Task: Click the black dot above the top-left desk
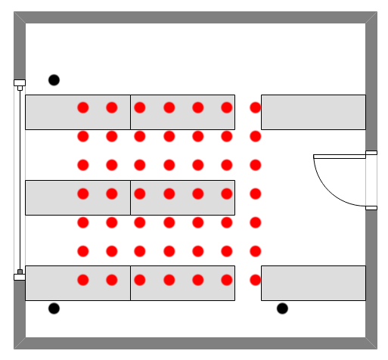tap(54, 80)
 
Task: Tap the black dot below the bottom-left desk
tap(54, 309)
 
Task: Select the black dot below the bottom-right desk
tap(282, 309)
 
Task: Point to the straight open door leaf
tap(340, 156)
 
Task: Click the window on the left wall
tap(20, 180)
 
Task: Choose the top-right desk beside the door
tap(313, 112)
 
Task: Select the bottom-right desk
tap(313, 283)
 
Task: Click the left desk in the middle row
tap(78, 197)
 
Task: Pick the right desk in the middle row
tap(182, 197)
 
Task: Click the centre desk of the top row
tap(182, 112)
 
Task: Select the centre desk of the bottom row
tap(182, 283)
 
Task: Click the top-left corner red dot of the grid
tap(83, 107)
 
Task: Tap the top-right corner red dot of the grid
tap(256, 107)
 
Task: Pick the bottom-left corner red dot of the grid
tap(83, 280)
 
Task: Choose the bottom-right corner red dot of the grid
tap(256, 280)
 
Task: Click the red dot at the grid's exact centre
tap(169, 194)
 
